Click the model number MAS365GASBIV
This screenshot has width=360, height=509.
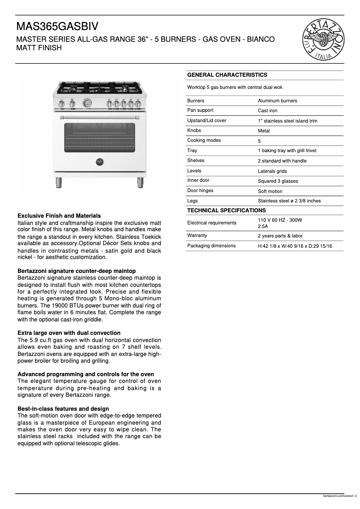click(57, 26)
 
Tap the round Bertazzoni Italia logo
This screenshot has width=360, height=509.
click(323, 40)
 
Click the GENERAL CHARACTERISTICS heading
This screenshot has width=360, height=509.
click(227, 75)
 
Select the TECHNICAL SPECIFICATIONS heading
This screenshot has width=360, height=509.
click(226, 211)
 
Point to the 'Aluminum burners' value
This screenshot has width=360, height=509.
click(277, 101)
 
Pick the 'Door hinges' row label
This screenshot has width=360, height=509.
click(200, 191)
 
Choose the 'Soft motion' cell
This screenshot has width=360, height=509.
click(270, 191)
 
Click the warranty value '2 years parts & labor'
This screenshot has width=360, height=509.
click(280, 236)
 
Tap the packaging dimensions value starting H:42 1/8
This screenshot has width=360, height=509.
click(294, 246)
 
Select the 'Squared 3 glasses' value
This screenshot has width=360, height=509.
click(277, 181)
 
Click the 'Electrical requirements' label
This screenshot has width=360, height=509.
click(211, 223)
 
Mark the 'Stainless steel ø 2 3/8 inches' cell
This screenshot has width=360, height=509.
click(289, 201)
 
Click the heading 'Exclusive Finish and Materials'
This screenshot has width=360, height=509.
click(59, 216)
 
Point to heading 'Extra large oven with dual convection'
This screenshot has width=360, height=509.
click(69, 333)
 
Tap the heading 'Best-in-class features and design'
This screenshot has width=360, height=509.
click(63, 409)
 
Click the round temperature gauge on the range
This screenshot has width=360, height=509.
click(87, 103)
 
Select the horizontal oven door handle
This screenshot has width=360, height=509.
click(100, 118)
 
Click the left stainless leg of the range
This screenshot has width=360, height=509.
click(58, 182)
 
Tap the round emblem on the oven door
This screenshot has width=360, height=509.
click(100, 162)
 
